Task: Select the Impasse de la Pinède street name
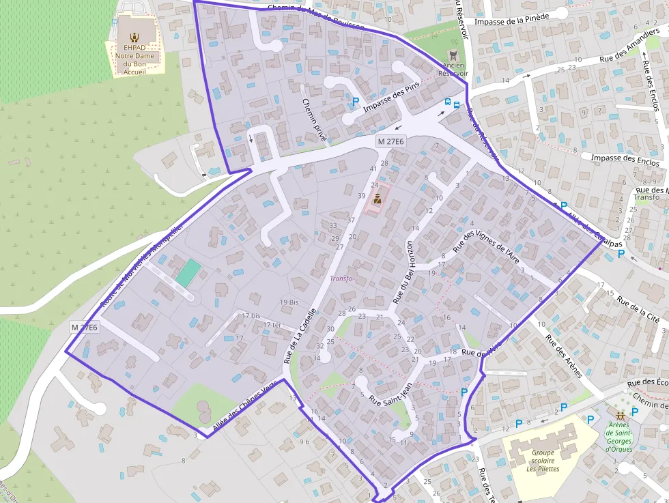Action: pos(512,21)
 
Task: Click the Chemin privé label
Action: pos(315,120)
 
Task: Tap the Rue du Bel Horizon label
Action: pos(402,272)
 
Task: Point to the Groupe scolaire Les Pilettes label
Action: pos(543,460)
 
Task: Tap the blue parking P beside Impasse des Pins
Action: pos(356,102)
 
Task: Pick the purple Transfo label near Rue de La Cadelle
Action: pos(341,278)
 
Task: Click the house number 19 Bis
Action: pos(289,302)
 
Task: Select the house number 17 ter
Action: pos(272,325)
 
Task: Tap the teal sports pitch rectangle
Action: pos(188,273)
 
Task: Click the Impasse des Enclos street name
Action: pos(625,160)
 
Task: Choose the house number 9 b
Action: pos(304,442)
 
